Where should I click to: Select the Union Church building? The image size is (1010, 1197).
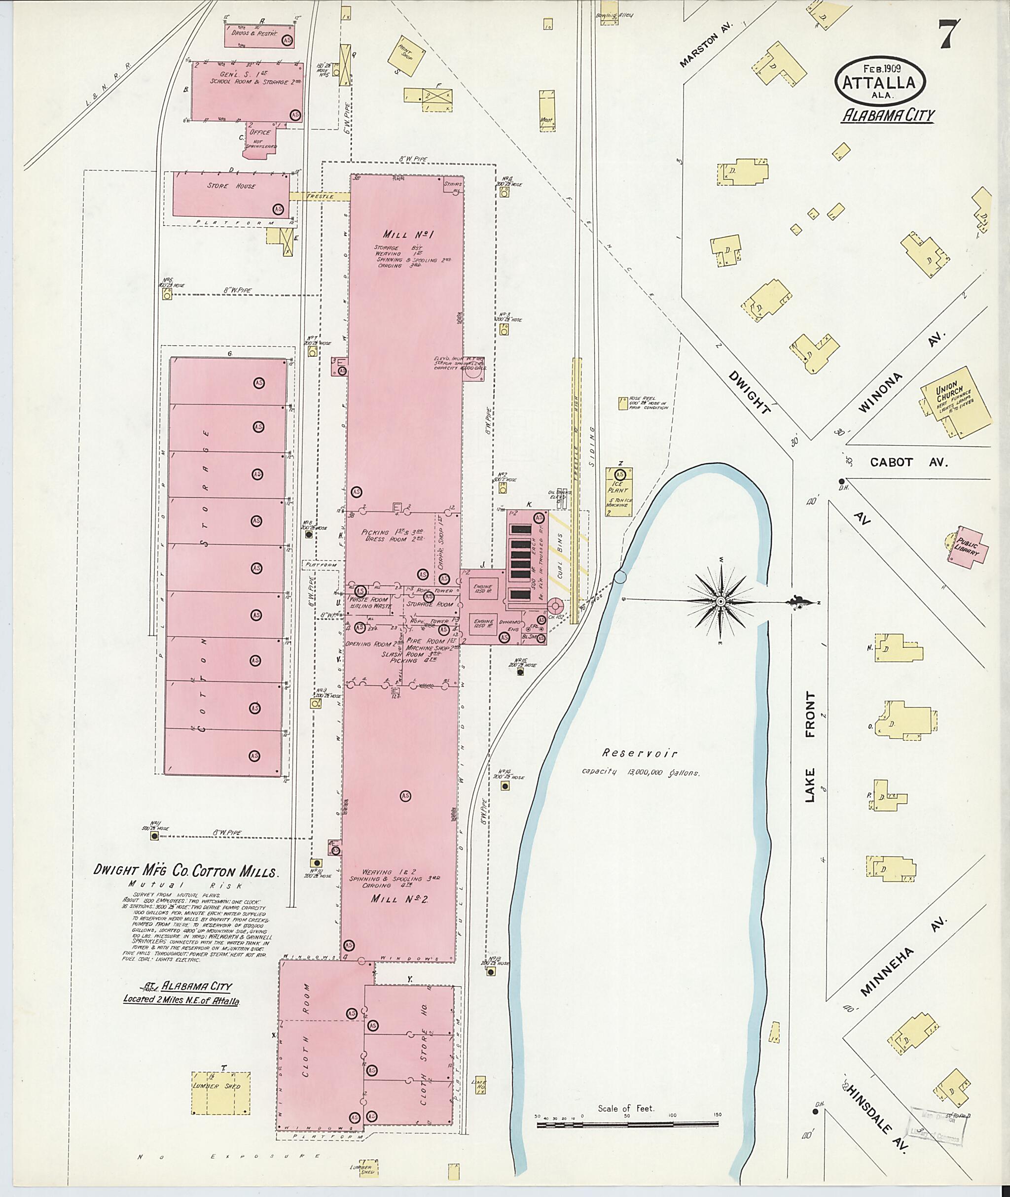[x=955, y=402]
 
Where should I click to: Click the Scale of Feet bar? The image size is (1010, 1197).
[x=629, y=1126]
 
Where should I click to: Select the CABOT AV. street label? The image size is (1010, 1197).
[x=909, y=462]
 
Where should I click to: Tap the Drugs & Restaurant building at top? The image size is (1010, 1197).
[x=259, y=35]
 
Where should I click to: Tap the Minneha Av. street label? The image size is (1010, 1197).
[x=903, y=965]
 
